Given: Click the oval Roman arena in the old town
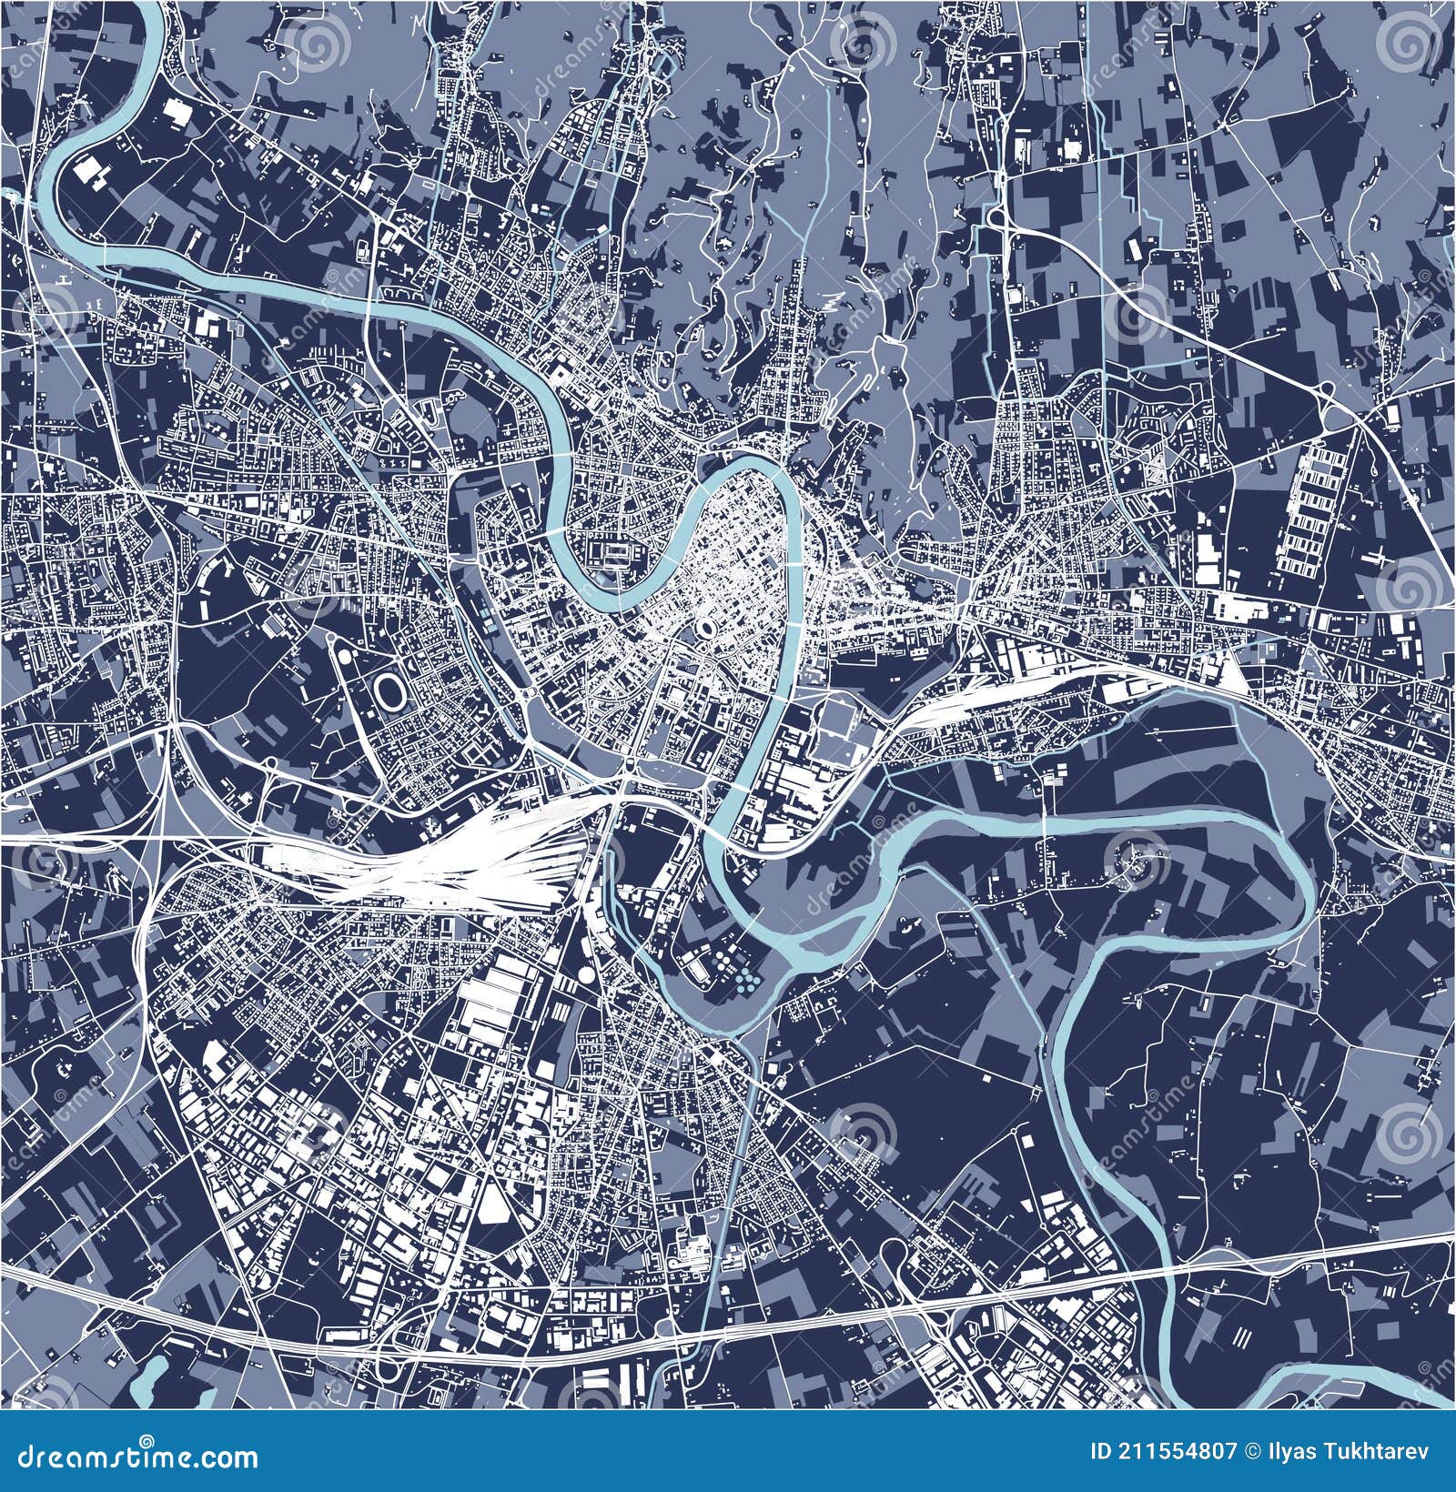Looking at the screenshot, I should (706, 630).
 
